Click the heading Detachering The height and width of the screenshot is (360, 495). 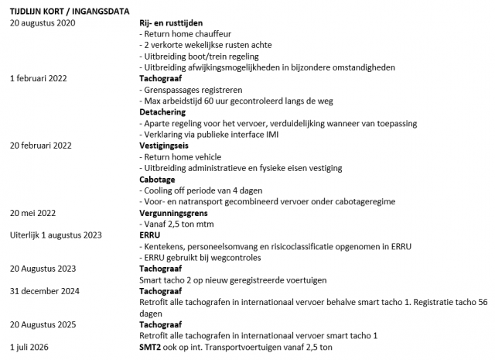point(162,111)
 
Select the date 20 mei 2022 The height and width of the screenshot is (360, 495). point(36,211)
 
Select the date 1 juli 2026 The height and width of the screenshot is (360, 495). point(31,347)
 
